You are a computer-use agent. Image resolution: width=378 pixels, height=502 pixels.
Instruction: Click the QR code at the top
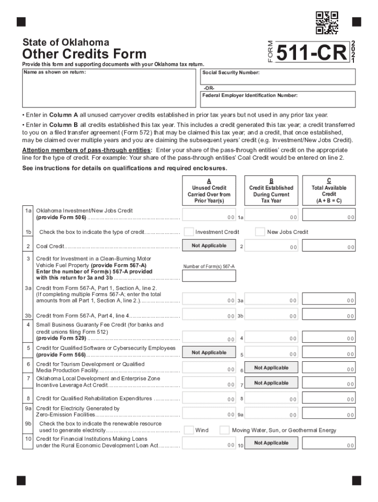pyautogui.click(x=326, y=23)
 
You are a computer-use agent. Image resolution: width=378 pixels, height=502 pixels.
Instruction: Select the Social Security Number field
pyautogui.click(x=278, y=77)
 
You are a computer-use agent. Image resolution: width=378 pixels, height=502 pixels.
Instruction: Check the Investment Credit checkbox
pyautogui.click(x=189, y=231)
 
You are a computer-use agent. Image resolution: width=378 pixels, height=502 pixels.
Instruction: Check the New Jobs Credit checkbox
pyautogui.click(x=260, y=231)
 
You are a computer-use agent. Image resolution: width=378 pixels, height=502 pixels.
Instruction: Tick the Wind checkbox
pyautogui.click(x=189, y=430)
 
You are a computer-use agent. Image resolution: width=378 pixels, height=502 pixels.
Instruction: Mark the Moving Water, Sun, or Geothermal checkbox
pyautogui.click(x=224, y=430)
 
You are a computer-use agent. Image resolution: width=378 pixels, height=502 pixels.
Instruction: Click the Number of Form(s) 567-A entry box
pyautogui.click(x=209, y=276)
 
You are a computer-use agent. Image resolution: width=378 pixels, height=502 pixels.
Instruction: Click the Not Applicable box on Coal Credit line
pyautogui.click(x=209, y=246)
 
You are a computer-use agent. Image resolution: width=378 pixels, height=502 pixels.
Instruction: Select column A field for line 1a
pyautogui.click(x=209, y=215)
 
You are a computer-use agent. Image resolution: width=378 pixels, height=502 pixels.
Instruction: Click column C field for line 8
pyautogui.click(x=328, y=399)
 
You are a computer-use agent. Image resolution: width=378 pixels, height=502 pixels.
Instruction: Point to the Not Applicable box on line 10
pyautogui.click(x=271, y=443)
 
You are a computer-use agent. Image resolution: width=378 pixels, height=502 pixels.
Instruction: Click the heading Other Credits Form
pyautogui.click(x=84, y=54)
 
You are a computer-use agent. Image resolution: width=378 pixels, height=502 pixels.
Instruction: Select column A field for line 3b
pyautogui.click(x=209, y=314)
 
